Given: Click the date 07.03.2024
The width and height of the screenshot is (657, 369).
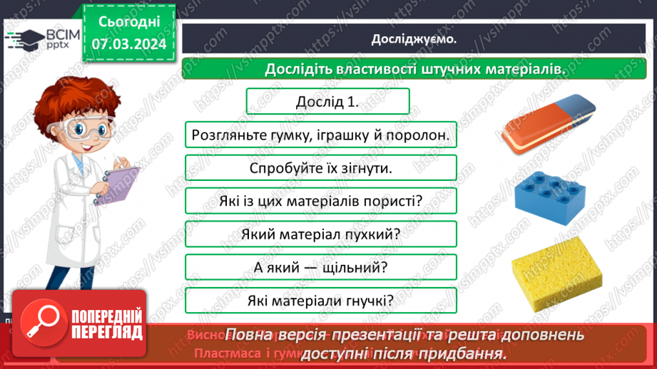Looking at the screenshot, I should [x=129, y=43].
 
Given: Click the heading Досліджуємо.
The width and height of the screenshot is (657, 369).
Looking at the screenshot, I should [x=414, y=39].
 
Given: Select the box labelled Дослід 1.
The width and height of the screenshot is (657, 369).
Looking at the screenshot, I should [x=327, y=101].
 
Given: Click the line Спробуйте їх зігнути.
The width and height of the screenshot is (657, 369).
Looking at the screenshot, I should [x=321, y=168].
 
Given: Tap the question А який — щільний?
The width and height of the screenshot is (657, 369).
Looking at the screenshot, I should [x=320, y=267].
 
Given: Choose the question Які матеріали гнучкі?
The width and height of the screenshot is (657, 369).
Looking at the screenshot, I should [x=320, y=300].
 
